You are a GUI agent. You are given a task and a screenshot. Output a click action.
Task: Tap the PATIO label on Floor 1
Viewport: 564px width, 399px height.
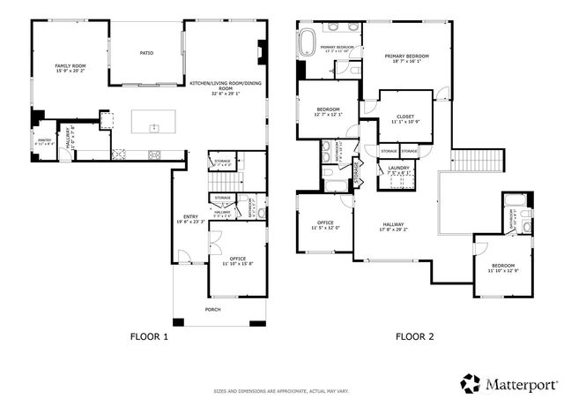point(146,53)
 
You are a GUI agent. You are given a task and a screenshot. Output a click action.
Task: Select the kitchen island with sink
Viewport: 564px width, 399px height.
point(154,121)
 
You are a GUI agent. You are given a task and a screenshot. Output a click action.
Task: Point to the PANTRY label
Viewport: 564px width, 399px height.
point(44,139)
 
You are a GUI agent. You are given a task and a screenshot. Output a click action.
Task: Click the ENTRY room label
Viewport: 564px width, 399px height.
point(190,216)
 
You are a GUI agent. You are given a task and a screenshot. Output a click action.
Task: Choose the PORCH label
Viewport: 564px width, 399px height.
point(212,310)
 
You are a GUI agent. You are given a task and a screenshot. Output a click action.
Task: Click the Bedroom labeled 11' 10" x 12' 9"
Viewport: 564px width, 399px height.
point(503,267)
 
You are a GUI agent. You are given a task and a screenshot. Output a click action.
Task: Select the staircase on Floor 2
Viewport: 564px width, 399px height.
point(479,161)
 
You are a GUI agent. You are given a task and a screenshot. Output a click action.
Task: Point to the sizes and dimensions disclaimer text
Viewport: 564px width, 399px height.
point(281,389)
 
